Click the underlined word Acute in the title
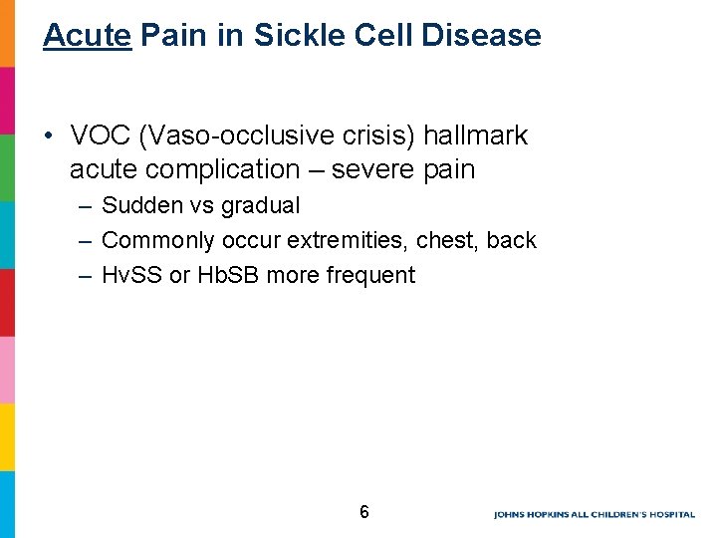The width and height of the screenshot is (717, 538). [88, 36]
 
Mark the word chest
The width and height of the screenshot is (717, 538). [446, 241]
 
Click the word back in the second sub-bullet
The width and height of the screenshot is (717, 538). [512, 241]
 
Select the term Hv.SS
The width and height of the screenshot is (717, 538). [132, 276]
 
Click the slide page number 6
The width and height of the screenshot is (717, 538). [364, 513]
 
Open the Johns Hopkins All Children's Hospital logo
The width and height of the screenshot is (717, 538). [594, 515]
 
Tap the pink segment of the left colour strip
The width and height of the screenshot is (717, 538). [7, 370]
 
